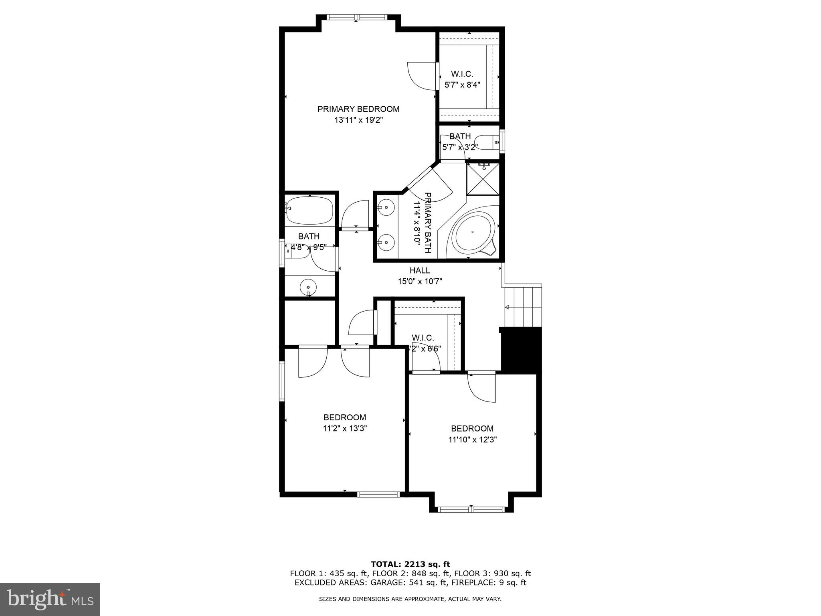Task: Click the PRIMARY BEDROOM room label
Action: tap(358, 109)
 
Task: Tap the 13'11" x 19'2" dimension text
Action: tap(358, 120)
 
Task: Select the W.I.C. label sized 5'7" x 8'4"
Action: tap(462, 74)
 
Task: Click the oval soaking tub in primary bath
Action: tap(473, 232)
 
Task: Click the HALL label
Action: tap(420, 271)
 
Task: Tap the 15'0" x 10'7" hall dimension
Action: tap(420, 282)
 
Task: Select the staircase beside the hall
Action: tap(523, 307)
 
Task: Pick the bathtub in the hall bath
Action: tap(309, 210)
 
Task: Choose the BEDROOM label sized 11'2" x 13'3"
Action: tap(345, 417)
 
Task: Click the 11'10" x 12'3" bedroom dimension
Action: tap(472, 440)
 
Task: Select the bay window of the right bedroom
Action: tap(471, 509)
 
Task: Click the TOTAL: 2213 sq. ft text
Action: tap(410, 565)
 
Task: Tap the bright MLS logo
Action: tap(50, 599)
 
